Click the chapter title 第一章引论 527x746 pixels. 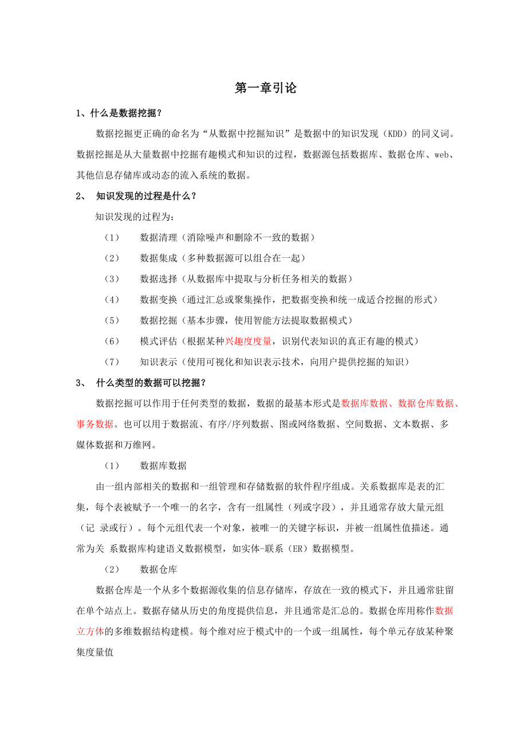click(x=266, y=88)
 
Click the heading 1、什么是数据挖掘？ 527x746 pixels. click(x=123, y=113)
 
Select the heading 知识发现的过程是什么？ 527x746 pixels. click(x=146, y=196)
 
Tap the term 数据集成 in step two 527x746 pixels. click(x=159, y=258)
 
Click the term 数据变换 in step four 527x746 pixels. click(x=159, y=300)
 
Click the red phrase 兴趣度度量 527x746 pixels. click(x=248, y=341)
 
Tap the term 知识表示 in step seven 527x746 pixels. click(x=159, y=362)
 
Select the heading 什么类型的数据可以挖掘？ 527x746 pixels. click(x=151, y=383)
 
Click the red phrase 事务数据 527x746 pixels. click(x=95, y=424)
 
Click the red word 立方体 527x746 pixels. click(x=91, y=631)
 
